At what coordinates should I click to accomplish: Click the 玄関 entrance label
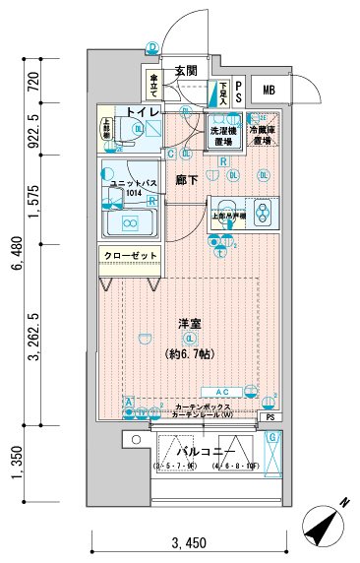click(x=187, y=71)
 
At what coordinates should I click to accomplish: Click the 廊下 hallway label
click(x=187, y=180)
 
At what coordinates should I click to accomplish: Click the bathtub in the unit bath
click(x=131, y=223)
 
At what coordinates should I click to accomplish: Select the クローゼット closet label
click(x=130, y=257)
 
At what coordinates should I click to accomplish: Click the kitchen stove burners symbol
click(x=262, y=212)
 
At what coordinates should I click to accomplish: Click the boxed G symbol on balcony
click(x=274, y=438)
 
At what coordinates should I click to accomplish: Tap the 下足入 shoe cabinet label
click(x=224, y=92)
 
